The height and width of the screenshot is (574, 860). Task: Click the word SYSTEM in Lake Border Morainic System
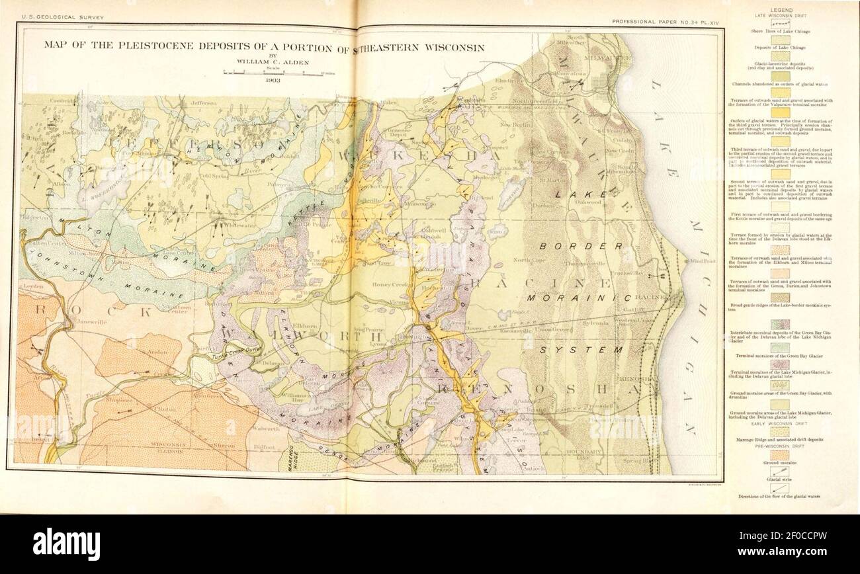(x=588, y=348)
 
